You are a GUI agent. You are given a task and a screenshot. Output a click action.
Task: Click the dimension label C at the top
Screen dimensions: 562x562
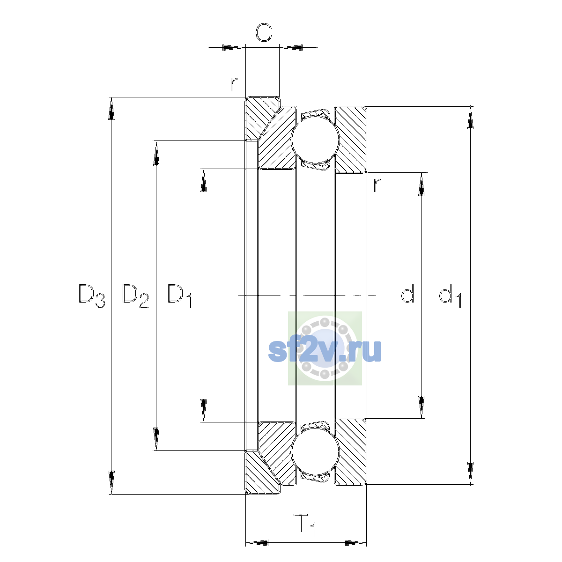point(264,32)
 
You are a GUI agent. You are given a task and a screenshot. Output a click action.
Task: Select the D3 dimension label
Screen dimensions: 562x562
point(92,296)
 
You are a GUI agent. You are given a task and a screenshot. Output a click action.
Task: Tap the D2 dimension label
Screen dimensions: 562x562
point(135,296)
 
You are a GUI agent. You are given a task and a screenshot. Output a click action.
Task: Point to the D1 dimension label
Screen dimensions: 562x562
point(179,296)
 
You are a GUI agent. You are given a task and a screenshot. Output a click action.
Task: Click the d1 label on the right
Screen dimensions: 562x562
point(450,296)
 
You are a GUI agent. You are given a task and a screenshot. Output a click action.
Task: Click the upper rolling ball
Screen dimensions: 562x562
point(315,140)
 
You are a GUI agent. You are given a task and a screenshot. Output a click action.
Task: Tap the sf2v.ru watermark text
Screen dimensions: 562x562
point(324,351)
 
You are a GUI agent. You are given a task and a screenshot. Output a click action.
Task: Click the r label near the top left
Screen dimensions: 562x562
point(234,84)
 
